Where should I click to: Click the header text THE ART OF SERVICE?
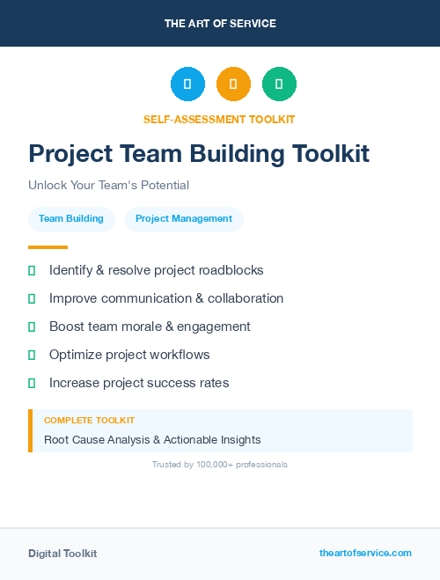pos(220,24)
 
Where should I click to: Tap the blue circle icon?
pos(187,84)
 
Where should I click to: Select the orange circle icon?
pos(233,84)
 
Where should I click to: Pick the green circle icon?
pos(279,84)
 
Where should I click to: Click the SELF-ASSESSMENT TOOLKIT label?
pos(219,119)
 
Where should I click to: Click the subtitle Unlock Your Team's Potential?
pos(108,186)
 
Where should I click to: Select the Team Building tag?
pos(71,219)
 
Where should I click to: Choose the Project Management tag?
pos(184,219)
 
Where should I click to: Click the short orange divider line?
pos(48,247)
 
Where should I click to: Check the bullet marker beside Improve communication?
pos(32,298)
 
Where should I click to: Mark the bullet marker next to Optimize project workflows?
pos(32,355)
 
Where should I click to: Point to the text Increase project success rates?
pos(139,383)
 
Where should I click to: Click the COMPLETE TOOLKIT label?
pos(89,421)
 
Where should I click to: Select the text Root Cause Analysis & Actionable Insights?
pos(152,439)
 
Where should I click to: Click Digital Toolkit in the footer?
pos(62,554)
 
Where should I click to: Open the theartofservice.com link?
pos(365,553)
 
